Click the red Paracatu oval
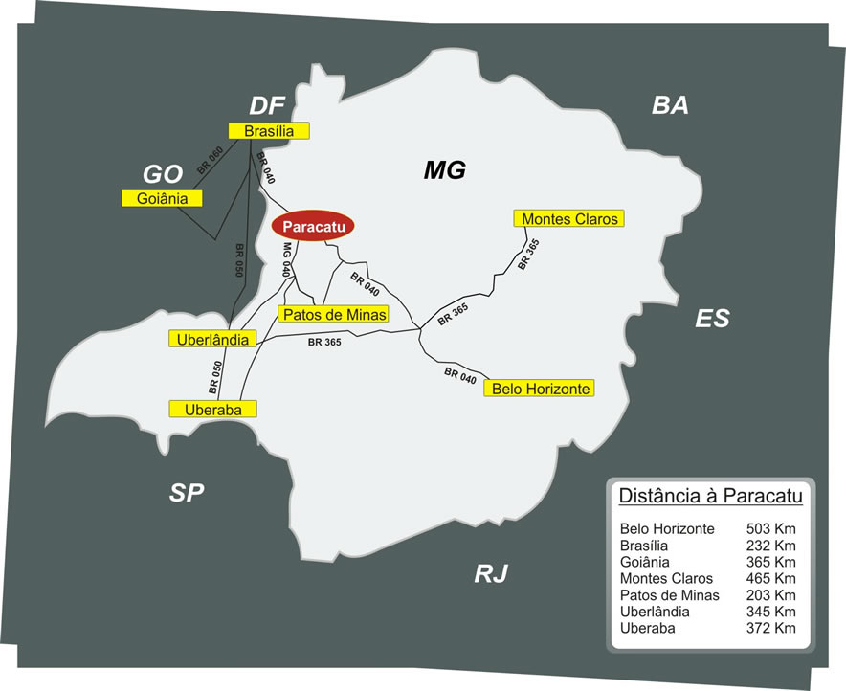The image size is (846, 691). point(314,226)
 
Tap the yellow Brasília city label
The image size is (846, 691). point(268,131)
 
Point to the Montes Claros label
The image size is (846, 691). point(568,218)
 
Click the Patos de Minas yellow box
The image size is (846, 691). point(333,314)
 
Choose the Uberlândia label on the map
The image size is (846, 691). point(213,339)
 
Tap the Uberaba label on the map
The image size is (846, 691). point(213,409)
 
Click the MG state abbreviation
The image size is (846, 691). point(444,171)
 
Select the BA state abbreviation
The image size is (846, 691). point(670,105)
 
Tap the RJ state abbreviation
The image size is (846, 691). point(491,573)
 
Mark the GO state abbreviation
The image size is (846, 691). point(162,173)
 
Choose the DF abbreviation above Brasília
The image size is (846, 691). point(267,105)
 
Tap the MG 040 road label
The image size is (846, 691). point(286,259)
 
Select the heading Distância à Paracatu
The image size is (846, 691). point(710,496)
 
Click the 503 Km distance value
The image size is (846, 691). point(771,528)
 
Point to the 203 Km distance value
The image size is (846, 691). point(771,594)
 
